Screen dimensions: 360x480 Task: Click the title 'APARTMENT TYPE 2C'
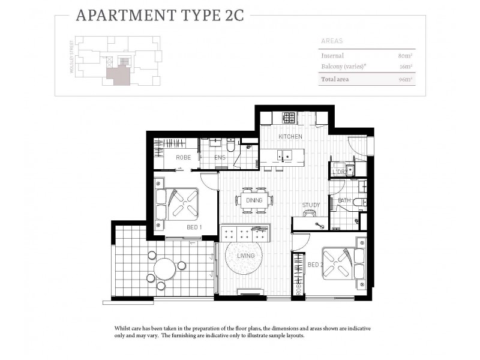pyautogui.click(x=160, y=15)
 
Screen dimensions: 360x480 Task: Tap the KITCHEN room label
pyautogui.click(x=290, y=137)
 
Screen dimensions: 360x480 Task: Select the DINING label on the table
pyautogui.click(x=254, y=200)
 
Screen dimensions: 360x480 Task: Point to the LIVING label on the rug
pyautogui.click(x=245, y=256)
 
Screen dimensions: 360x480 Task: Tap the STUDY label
pyautogui.click(x=311, y=205)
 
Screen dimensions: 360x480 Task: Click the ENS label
pyautogui.click(x=220, y=157)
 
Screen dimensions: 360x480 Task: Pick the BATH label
pyautogui.click(x=344, y=200)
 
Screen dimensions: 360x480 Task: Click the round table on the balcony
pyautogui.click(x=164, y=269)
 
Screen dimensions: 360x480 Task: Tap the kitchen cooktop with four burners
pyautogui.click(x=289, y=118)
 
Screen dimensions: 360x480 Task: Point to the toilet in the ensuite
pyautogui.click(x=230, y=144)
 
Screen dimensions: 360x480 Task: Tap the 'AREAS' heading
pyautogui.click(x=332, y=41)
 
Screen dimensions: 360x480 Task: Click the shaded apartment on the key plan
pyautogui.click(x=118, y=75)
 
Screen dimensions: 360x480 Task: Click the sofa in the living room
pyautogui.click(x=245, y=233)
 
